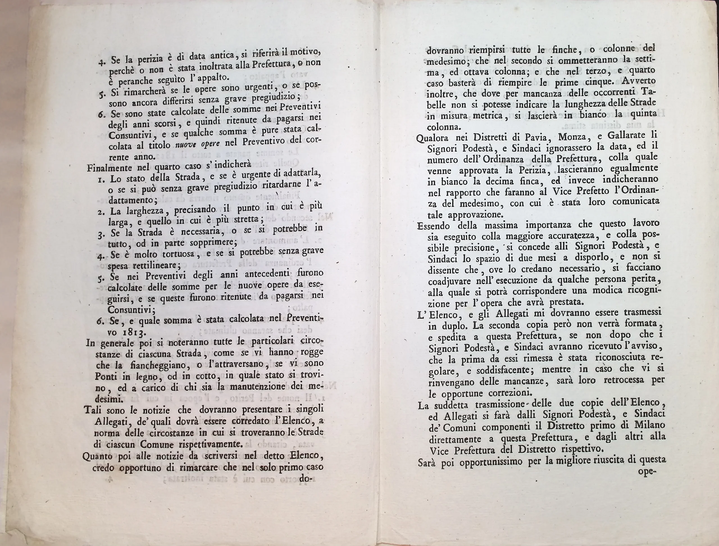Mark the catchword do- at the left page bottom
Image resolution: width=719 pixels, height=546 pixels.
tap(306, 478)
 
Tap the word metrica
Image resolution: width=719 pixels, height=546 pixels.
tap(487, 115)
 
